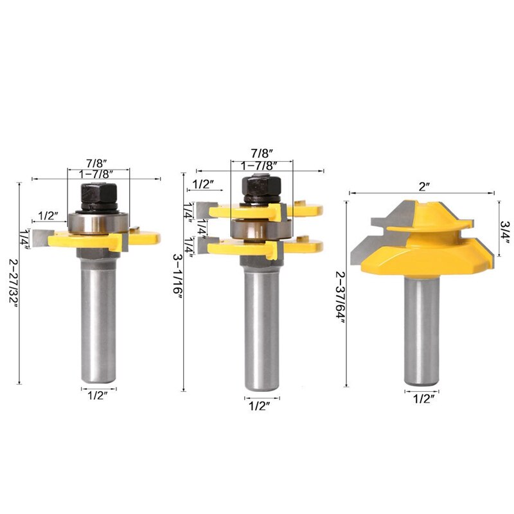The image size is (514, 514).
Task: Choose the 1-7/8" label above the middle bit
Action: coord(261,165)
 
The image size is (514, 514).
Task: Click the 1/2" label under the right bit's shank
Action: coord(421,398)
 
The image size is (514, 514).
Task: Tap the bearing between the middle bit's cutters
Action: coord(260,228)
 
